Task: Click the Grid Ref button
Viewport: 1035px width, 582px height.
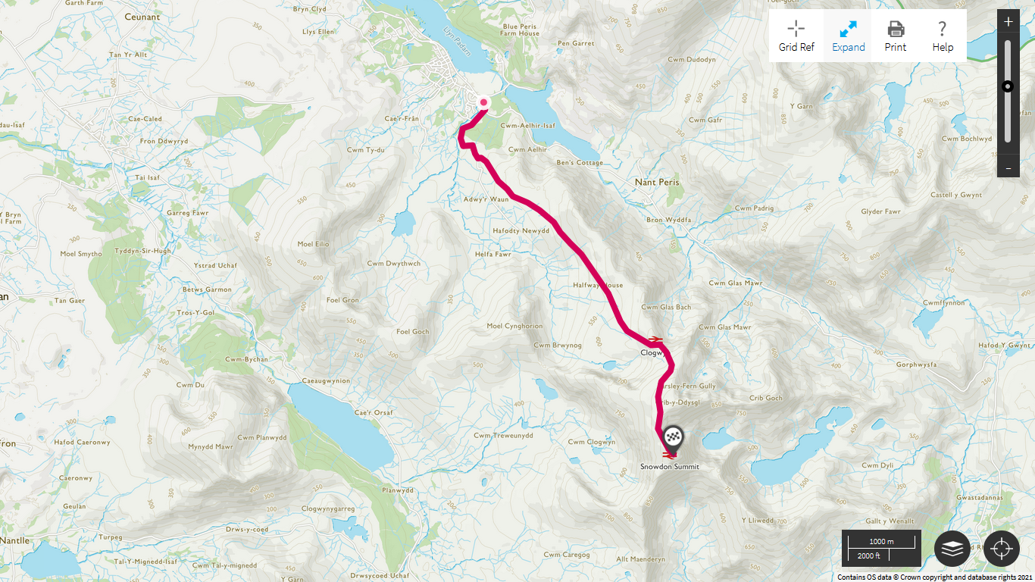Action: point(796,36)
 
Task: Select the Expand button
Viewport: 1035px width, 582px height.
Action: point(848,36)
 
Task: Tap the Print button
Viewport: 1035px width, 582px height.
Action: point(896,36)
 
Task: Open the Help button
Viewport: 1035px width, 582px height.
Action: point(943,36)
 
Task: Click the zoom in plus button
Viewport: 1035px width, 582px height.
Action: point(1008,22)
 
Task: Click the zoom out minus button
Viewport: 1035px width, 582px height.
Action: point(1008,167)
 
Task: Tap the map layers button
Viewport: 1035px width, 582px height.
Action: point(952,549)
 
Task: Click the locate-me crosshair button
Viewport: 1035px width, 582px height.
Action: point(1002,549)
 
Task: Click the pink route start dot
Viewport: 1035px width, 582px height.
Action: point(483,103)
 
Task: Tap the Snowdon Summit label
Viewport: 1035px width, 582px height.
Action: point(670,467)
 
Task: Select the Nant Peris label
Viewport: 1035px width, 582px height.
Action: point(657,183)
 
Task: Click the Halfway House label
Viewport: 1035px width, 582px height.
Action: point(598,286)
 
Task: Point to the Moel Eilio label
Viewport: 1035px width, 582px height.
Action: point(314,244)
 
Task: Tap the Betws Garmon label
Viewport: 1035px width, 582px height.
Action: point(207,289)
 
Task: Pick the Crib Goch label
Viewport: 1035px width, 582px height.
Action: point(765,398)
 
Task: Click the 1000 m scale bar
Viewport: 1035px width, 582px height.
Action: point(881,542)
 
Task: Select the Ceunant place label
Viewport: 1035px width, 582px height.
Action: point(143,17)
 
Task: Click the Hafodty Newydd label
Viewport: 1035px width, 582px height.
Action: point(521,230)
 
